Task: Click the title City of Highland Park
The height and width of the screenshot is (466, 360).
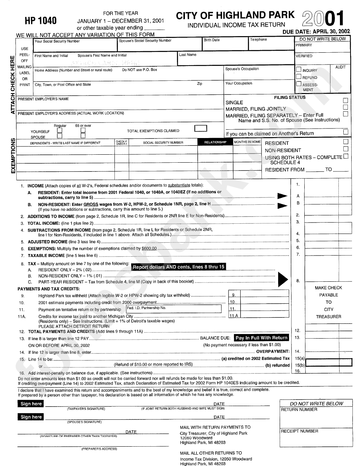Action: tap(235, 15)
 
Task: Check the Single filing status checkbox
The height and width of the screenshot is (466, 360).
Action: tap(345, 101)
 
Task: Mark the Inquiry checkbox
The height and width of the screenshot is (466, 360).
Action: tap(299, 70)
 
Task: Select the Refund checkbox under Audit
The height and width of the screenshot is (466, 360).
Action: tap(299, 77)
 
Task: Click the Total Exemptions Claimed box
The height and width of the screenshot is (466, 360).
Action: tap(200, 129)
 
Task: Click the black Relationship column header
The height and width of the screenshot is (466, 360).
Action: tap(215, 143)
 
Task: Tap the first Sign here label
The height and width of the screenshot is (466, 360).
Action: tap(31, 404)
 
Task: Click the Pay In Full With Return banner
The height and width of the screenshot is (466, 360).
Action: tap(261, 338)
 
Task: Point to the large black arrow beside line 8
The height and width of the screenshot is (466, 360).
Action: tap(283, 280)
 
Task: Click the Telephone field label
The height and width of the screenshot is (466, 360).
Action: tap(258, 39)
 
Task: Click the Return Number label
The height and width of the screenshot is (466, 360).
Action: tap(294, 410)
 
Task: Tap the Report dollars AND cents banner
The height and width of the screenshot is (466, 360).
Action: tap(178, 267)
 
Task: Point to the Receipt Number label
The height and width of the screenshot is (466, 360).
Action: tap(294, 431)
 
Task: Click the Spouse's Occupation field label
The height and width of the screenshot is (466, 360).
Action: tap(242, 69)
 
